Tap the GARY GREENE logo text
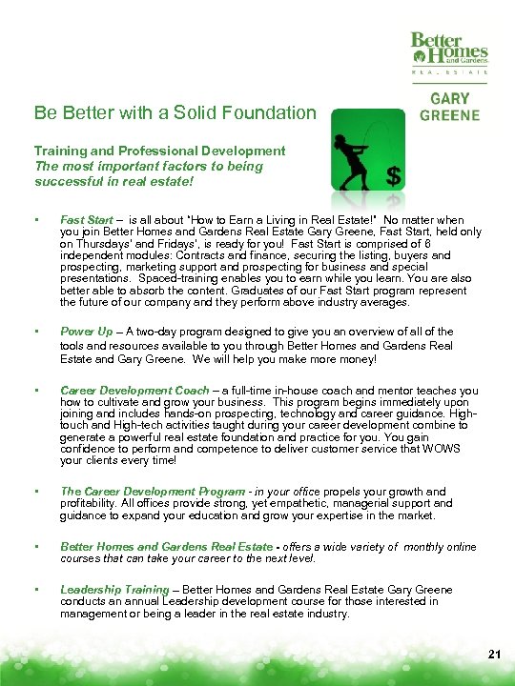pyautogui.click(x=449, y=106)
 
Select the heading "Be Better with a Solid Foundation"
pyautogui.click(x=175, y=113)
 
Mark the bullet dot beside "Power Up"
pyautogui.click(x=35, y=331)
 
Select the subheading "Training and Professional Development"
pyautogui.click(x=159, y=151)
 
